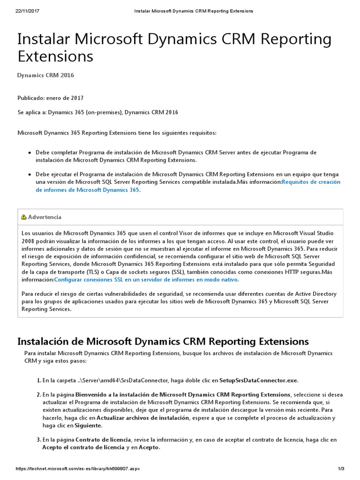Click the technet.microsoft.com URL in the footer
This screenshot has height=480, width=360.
78,469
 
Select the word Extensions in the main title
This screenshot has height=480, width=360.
55,56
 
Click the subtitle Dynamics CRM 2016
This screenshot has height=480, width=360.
45,75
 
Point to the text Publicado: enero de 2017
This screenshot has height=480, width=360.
51,98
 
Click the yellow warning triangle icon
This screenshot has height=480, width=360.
23,217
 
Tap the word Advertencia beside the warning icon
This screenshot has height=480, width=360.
45,217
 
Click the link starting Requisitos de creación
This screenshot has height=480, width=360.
311,182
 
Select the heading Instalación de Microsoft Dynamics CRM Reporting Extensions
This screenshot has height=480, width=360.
163,341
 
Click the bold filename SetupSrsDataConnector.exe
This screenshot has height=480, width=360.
258,380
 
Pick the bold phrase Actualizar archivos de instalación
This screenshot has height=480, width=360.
142,418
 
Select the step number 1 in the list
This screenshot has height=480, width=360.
38,380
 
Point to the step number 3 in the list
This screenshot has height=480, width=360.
38,440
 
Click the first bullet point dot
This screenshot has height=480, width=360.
30,153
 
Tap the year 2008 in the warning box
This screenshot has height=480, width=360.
27,240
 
